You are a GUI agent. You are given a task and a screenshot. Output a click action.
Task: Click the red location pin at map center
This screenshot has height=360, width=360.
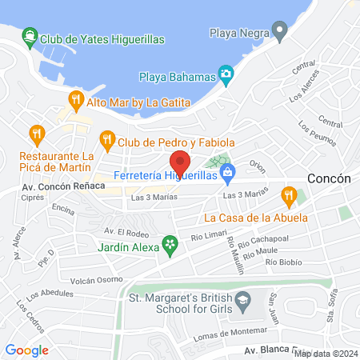point(180,162)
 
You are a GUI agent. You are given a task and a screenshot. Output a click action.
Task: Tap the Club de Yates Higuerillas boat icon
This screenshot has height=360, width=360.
point(29,36)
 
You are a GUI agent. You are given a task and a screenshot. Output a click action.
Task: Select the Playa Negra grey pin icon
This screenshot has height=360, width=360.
point(279,33)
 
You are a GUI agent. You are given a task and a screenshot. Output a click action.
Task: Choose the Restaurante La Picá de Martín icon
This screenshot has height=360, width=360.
point(35,133)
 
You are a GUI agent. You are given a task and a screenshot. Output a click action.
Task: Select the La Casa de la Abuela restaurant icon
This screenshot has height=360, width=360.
point(289,194)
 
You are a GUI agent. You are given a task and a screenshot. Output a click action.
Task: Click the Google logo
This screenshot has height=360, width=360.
point(26,350)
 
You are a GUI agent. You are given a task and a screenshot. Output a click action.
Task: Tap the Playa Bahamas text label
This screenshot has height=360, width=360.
point(178,77)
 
